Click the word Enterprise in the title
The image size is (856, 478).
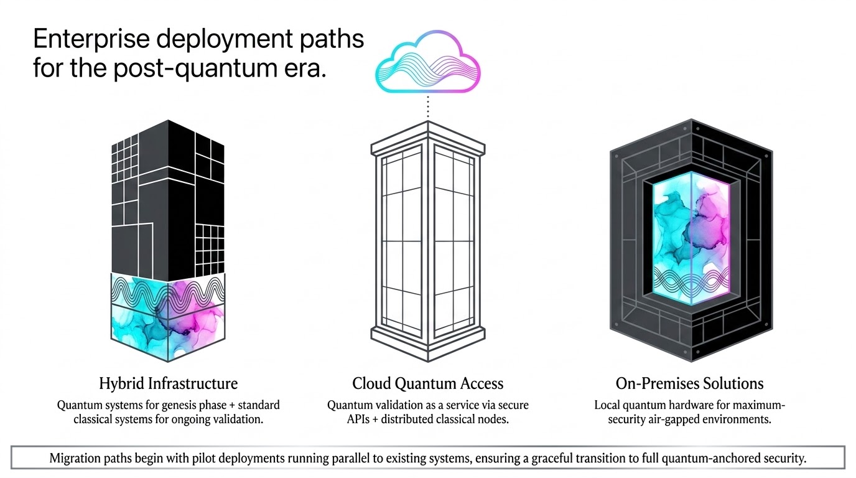pos(91,39)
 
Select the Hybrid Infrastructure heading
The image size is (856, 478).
pos(168,383)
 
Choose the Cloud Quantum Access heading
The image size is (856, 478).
pos(427,383)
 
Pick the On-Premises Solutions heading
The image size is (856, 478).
pos(689,383)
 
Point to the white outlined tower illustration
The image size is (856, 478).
pos(428,241)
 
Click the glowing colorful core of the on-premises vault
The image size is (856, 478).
pos(691,238)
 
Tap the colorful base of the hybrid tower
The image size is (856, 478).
pos(168,317)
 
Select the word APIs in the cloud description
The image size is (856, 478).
pos(358,419)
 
